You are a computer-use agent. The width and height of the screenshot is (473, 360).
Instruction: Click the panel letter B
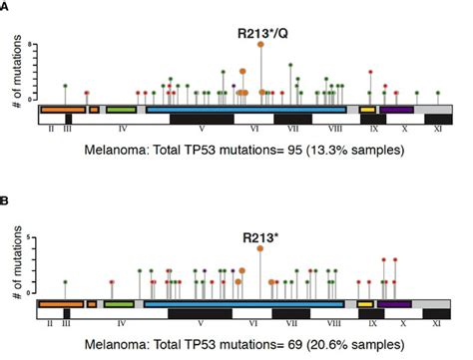(6, 198)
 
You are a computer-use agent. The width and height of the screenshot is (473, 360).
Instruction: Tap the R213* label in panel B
(260, 237)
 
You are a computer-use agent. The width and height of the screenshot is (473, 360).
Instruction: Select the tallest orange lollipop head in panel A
(260, 45)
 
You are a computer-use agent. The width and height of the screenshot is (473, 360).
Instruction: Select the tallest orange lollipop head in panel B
(260, 249)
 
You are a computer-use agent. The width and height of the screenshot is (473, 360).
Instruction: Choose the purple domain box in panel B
(395, 303)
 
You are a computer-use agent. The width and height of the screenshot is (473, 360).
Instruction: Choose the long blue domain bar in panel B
(245, 303)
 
